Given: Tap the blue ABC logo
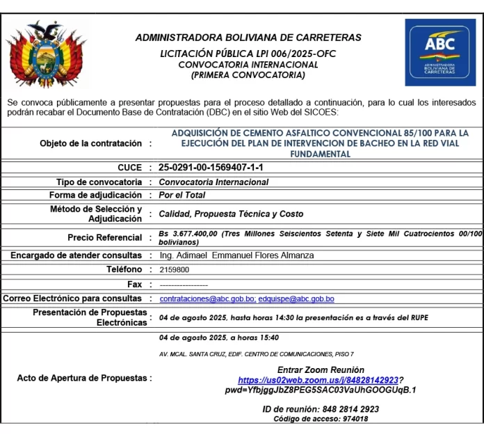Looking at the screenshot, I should pyautogui.click(x=440, y=51).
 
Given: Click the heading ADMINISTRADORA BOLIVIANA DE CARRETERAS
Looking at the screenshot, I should pyautogui.click(x=248, y=38).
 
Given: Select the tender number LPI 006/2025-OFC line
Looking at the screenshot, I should pyautogui.click(x=248, y=54).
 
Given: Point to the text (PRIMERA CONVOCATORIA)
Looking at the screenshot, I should pyautogui.click(x=248, y=74).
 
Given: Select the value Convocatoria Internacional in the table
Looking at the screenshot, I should pyautogui.click(x=213, y=182).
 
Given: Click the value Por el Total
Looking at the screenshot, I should pyautogui.click(x=182, y=196).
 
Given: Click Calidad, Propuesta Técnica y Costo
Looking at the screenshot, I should pyautogui.click(x=231, y=214).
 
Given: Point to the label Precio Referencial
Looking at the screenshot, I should pyautogui.click(x=105, y=238).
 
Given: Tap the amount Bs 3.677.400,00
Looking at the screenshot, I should pyautogui.click(x=188, y=234).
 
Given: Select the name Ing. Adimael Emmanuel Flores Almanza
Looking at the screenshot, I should pyautogui.click(x=236, y=255).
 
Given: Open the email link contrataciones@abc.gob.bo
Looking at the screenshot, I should pyautogui.click(x=207, y=299).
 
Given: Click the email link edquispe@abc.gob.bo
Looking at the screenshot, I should pyautogui.click(x=296, y=299).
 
